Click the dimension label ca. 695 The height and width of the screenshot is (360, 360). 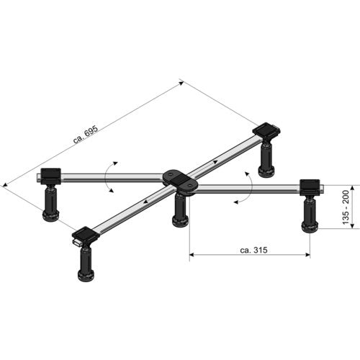[x=86, y=135]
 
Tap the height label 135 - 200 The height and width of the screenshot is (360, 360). [x=346, y=207]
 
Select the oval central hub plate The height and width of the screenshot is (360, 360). [x=180, y=181]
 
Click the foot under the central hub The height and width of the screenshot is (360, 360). [x=180, y=221]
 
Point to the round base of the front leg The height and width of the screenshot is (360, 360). [x=86, y=276]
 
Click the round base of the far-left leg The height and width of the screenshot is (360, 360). [x=50, y=215]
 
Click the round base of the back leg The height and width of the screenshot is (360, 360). [x=266, y=171]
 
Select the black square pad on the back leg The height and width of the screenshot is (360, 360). [x=266, y=130]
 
